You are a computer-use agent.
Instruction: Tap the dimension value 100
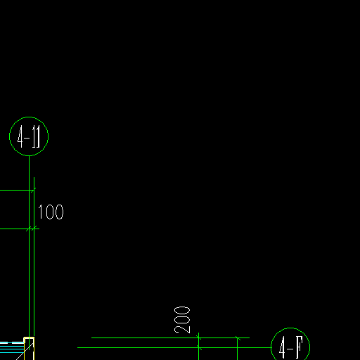point(51,212)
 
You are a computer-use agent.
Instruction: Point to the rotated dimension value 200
point(182,320)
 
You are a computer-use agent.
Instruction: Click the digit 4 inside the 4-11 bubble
point(20,136)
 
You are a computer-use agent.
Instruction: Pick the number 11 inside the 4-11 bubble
point(36,136)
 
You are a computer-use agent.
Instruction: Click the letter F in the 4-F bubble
point(299,347)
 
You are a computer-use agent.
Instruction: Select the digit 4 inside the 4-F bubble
point(282,348)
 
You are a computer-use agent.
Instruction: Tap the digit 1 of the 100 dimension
point(40,212)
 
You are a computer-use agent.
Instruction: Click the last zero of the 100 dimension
point(60,212)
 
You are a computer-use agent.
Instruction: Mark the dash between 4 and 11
point(27,138)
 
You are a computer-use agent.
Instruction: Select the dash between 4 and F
point(290,349)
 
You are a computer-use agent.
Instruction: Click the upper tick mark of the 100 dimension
point(33,190)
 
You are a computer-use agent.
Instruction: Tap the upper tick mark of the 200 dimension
point(199,337)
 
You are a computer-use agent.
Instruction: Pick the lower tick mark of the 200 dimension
point(199,347)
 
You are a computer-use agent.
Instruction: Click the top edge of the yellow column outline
point(29,337)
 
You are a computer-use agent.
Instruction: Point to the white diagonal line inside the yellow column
point(25,352)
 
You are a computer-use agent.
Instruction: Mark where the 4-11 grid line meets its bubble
point(29,155)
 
